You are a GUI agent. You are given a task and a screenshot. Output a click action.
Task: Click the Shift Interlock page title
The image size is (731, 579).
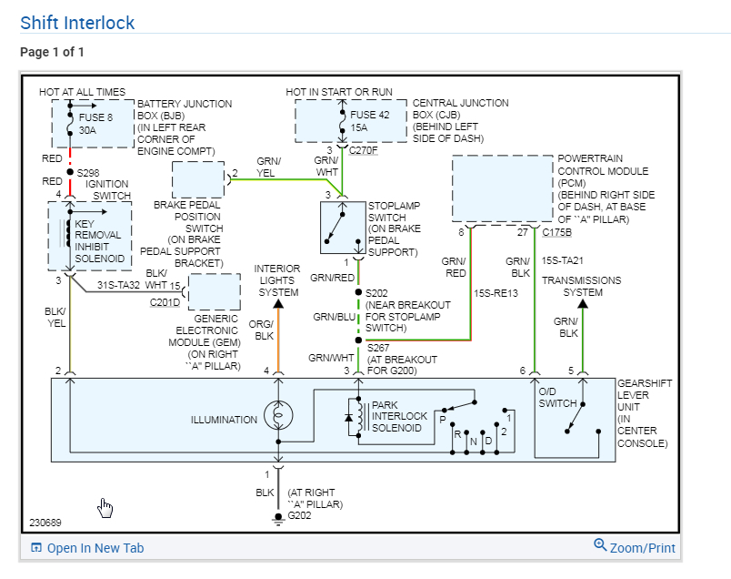[77, 23]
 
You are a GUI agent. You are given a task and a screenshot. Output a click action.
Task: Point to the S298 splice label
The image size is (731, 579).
[89, 171]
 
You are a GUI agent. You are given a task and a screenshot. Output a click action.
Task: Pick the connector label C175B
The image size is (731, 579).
[556, 232]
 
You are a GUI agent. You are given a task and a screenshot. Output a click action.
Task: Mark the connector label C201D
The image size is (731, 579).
[165, 302]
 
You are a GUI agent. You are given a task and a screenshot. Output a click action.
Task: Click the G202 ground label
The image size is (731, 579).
[299, 515]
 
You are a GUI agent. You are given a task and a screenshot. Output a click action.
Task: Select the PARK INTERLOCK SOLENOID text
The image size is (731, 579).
[399, 416]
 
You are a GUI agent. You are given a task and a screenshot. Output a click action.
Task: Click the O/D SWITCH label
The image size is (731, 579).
[557, 397]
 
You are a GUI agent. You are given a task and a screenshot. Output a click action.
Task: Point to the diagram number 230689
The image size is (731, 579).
[46, 523]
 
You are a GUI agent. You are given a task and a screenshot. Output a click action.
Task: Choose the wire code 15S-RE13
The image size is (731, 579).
[496, 293]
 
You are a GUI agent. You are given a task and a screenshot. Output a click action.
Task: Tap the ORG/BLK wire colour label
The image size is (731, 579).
[261, 330]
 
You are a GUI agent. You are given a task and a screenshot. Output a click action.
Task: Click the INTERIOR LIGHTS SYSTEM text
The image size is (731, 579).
[277, 280]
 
